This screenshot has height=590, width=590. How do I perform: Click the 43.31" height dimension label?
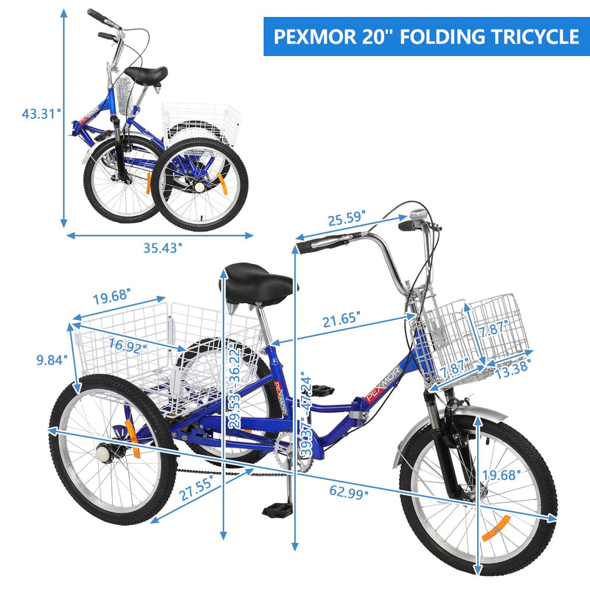pyautogui.click(x=41, y=114)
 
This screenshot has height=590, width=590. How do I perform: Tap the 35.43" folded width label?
pyautogui.click(x=162, y=248)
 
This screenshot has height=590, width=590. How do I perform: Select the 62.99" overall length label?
pyautogui.click(x=349, y=491)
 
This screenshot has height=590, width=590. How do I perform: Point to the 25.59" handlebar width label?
pyautogui.click(x=347, y=218)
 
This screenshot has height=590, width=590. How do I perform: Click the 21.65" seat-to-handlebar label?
pyautogui.click(x=341, y=319)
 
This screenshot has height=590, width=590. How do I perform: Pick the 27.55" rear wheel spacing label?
pyautogui.click(x=196, y=487)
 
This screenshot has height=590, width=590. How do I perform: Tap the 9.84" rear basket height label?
pyautogui.click(x=52, y=360)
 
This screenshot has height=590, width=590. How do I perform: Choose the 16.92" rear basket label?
pyautogui.click(x=128, y=346)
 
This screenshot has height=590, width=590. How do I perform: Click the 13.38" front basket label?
pyautogui.click(x=513, y=368)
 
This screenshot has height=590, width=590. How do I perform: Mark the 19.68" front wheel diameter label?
pyautogui.click(x=502, y=475)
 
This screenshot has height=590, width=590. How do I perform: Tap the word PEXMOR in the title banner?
pyautogui.click(x=314, y=36)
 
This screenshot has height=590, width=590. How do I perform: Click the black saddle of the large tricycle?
pyautogui.click(x=258, y=284)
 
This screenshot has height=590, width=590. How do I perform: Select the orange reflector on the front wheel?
pyautogui.click(x=496, y=528)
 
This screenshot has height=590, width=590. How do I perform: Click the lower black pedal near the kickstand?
pyautogui.click(x=277, y=510)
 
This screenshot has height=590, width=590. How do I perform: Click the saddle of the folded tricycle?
pyautogui.click(x=146, y=74)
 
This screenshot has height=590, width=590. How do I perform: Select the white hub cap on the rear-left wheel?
pyautogui.click(x=103, y=453)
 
